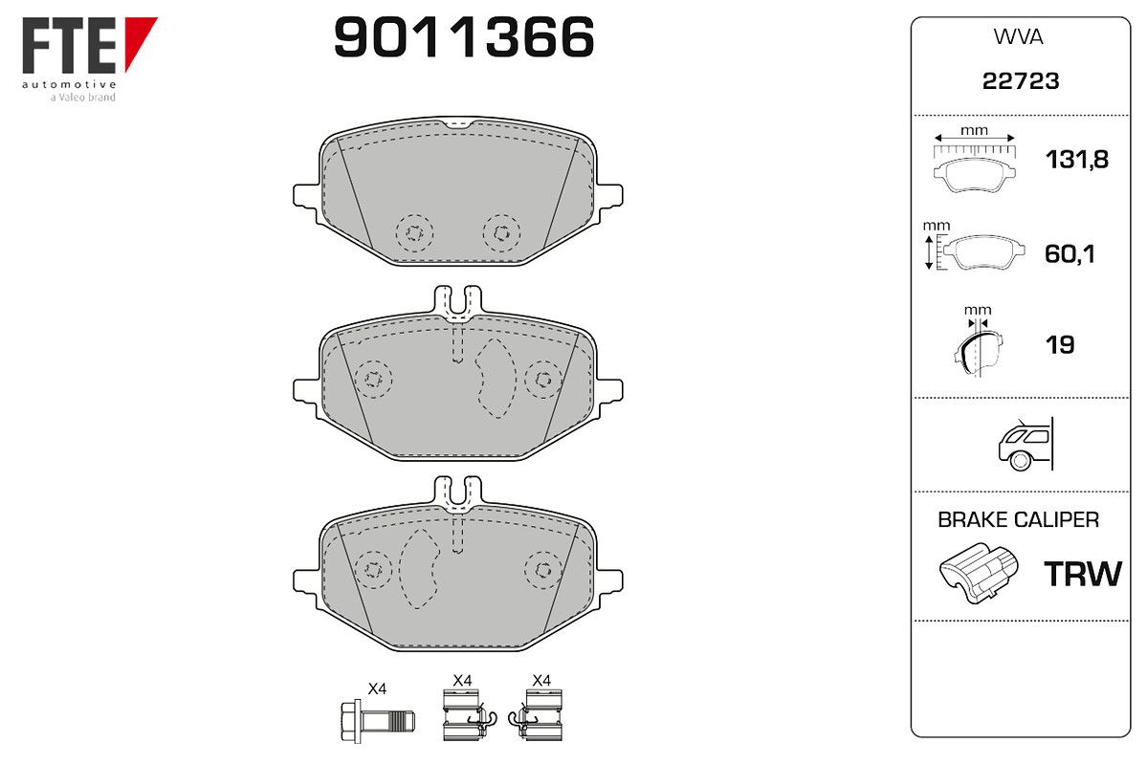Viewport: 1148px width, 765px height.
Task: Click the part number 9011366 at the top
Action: pos(464,37)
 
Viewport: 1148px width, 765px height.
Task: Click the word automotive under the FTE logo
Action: pos(69,84)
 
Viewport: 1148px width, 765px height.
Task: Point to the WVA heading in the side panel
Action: pos(1018,37)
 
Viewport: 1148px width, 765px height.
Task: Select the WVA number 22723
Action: pos(1021,81)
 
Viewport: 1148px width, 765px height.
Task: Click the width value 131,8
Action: pos(1077,160)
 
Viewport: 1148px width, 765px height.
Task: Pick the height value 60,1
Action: pos(1070,254)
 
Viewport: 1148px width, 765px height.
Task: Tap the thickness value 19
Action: pos(1060,345)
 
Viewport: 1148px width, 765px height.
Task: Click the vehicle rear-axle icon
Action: pos(1026,445)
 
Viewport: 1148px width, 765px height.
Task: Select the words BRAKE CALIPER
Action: pos(1018,519)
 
